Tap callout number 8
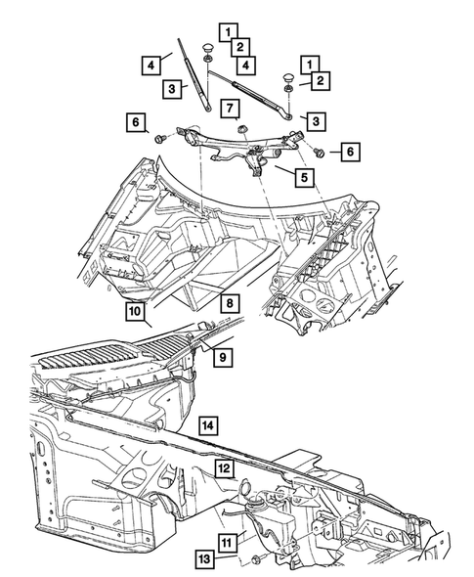click(x=226, y=303)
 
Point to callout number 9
click(x=223, y=358)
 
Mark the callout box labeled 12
click(x=225, y=468)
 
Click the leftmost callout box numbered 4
click(x=152, y=66)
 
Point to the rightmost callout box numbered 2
click(x=320, y=82)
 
